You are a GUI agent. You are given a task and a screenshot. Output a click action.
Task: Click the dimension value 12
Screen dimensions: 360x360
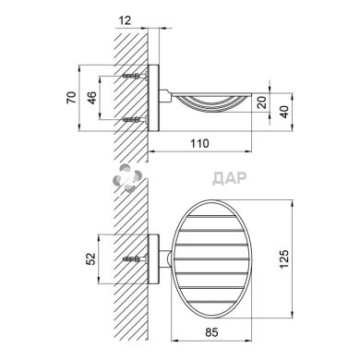coord(125,20)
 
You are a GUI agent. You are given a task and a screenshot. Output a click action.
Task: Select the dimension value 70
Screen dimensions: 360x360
coord(71,98)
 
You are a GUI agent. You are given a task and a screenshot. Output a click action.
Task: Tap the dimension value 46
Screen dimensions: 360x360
coord(92,98)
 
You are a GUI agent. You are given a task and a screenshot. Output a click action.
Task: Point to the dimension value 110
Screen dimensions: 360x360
coord(199,143)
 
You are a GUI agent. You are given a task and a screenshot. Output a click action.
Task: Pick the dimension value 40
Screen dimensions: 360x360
coord(284,112)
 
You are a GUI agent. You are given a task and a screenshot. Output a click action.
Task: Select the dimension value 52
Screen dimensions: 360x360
coord(91,259)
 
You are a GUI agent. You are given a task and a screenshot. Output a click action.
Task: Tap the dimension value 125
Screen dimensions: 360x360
coord(284,258)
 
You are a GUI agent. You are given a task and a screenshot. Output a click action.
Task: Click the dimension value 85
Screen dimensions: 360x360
coord(211,332)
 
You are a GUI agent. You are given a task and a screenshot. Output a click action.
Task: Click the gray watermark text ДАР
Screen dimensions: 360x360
coord(230,178)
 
